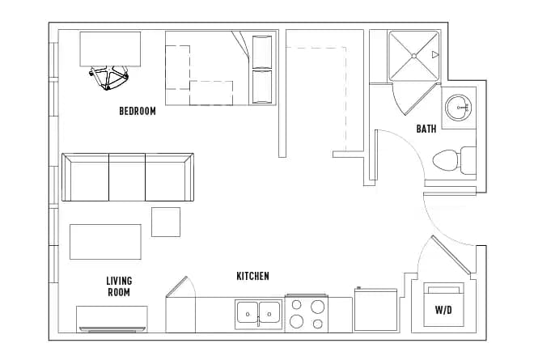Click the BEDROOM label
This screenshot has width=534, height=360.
click(137, 112)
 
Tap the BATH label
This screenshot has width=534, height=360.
click(426, 129)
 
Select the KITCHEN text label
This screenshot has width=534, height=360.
click(252, 276)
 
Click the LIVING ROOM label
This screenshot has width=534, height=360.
click(118, 286)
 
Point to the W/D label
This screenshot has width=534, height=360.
click(443, 309)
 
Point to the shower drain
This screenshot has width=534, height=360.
click(415, 56)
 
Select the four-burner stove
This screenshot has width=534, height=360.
click(308, 314)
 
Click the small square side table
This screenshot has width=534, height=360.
click(166, 222)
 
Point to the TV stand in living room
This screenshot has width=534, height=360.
click(112, 318)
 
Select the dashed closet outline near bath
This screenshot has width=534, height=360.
click(324, 97)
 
